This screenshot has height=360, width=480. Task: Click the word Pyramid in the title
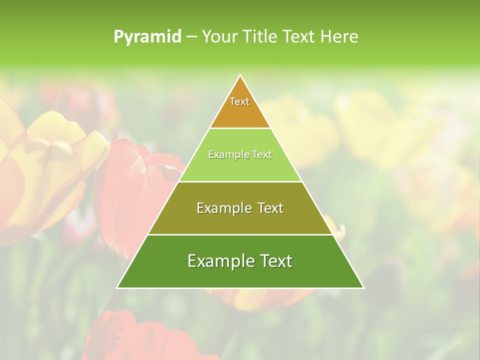(x=147, y=37)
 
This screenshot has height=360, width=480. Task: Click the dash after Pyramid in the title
(x=191, y=37)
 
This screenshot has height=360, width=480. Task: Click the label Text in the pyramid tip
(x=239, y=101)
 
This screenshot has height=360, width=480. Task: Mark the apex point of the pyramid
(x=240, y=75)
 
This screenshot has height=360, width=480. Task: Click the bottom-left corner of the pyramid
(x=117, y=287)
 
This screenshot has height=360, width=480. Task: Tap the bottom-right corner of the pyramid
(x=363, y=287)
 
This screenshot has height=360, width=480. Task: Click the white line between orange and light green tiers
(x=240, y=128)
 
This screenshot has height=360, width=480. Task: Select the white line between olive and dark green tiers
(x=240, y=234)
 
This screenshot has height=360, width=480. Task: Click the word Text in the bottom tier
(x=274, y=261)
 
